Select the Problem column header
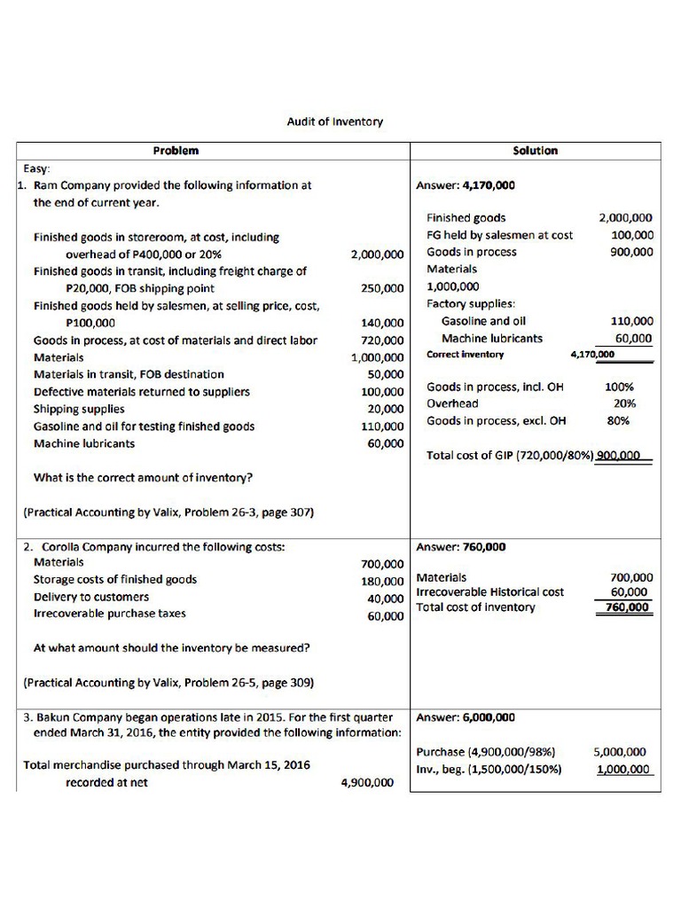click(x=176, y=151)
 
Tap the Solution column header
click(x=536, y=151)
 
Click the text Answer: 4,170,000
click(x=465, y=185)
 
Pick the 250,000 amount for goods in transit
click(x=382, y=288)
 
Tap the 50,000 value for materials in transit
click(x=386, y=374)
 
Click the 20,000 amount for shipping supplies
click(x=386, y=409)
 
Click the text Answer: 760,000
click(x=460, y=546)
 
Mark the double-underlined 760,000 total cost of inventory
click(x=628, y=607)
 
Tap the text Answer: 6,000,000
click(x=465, y=717)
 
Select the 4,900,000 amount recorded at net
click(x=367, y=783)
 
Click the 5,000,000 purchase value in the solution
click(x=621, y=752)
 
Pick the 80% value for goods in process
click(x=618, y=421)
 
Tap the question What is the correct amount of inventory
click(x=144, y=477)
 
